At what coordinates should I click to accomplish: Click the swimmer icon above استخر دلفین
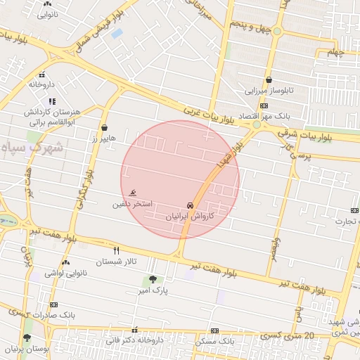point(134,193)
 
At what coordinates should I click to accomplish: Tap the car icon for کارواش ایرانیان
point(191,205)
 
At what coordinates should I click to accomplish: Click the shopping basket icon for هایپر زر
point(105,128)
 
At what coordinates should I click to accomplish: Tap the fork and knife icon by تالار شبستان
point(117,250)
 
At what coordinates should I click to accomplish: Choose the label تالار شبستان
point(116,262)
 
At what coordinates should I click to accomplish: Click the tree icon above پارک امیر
point(153,279)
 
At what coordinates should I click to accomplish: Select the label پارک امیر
point(153,290)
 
